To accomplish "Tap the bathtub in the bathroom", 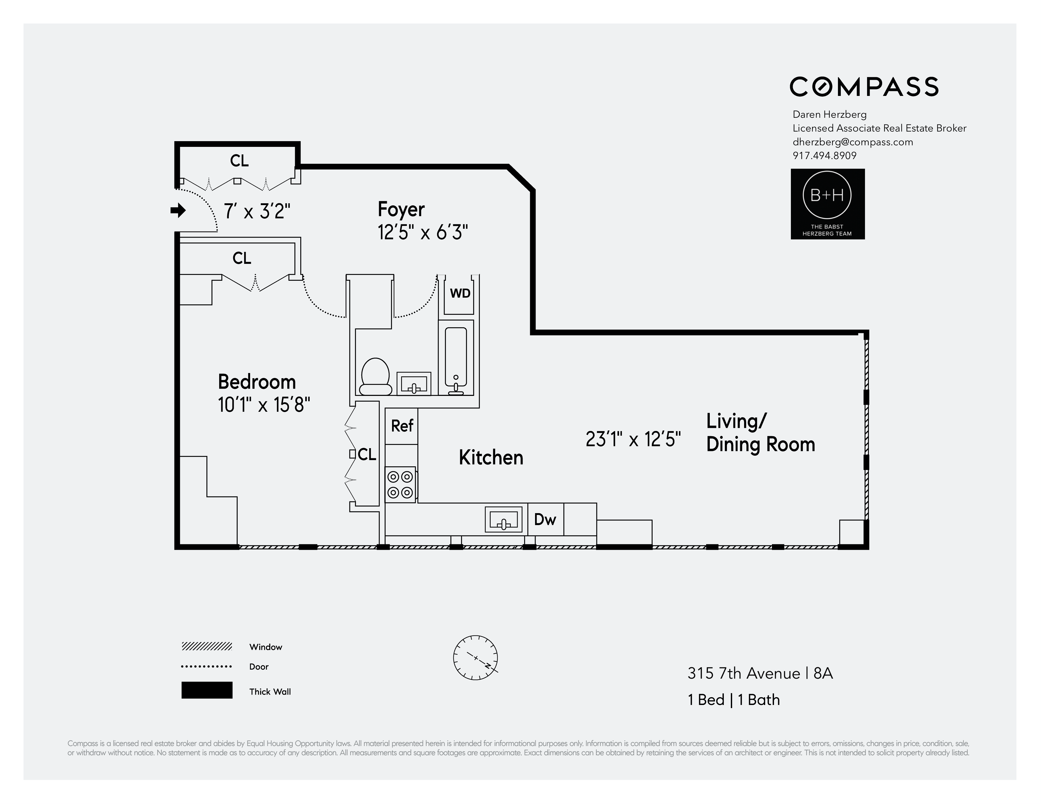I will click(x=456, y=357).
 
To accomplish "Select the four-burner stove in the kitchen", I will click(x=400, y=484).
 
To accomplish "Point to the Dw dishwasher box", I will click(x=545, y=519).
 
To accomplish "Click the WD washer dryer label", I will click(x=460, y=293).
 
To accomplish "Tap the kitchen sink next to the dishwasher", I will click(x=503, y=519).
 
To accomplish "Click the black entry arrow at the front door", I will click(x=178, y=210).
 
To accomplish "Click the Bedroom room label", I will click(x=257, y=382).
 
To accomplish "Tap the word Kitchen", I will click(x=491, y=457).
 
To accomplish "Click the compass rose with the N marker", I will click(x=475, y=658).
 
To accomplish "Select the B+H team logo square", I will click(x=828, y=204).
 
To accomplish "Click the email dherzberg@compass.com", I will click(x=852, y=142).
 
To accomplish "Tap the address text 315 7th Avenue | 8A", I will click(x=760, y=674).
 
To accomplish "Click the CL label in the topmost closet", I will click(x=239, y=161).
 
